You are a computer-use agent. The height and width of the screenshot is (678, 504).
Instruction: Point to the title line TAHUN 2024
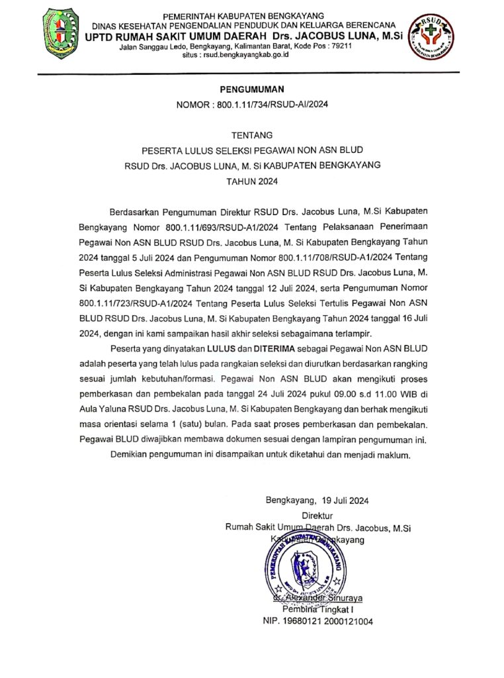(251, 181)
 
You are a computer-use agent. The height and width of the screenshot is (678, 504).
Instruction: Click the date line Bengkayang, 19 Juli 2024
(317, 501)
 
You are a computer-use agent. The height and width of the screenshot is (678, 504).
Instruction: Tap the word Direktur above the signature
(317, 515)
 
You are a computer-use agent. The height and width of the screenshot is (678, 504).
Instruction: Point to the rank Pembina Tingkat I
(318, 609)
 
